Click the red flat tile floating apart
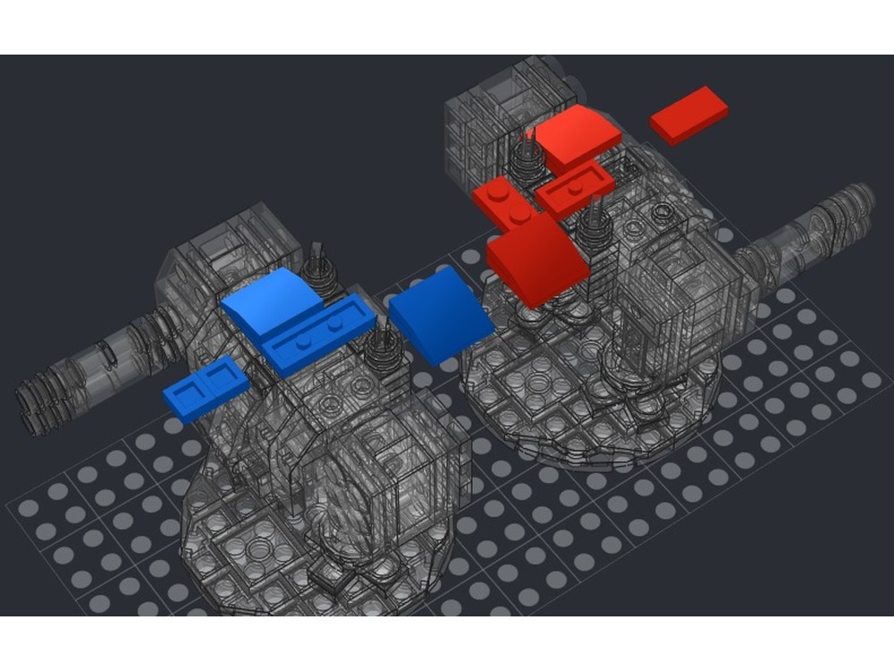point(688,115)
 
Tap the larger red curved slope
point(535,258)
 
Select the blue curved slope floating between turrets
point(440,319)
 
